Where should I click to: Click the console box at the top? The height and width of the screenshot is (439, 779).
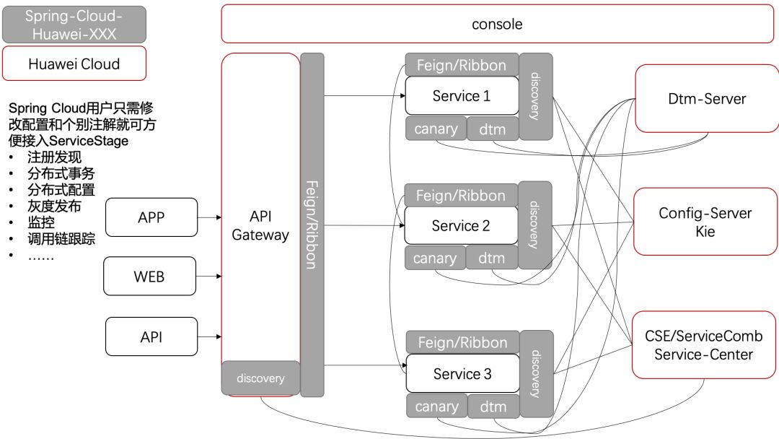click(497, 24)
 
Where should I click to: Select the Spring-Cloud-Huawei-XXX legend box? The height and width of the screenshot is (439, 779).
click(74, 25)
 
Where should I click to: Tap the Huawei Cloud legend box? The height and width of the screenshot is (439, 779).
click(74, 64)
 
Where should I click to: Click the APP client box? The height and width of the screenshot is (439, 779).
click(151, 217)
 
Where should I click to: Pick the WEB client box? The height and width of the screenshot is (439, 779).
click(149, 277)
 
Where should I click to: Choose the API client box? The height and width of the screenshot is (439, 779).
click(151, 336)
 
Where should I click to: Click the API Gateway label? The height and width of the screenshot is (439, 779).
click(260, 226)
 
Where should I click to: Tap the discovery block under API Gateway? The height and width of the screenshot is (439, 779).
click(260, 378)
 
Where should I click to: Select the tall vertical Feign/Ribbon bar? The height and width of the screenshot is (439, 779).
click(312, 225)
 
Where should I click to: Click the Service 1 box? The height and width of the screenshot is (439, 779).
click(462, 96)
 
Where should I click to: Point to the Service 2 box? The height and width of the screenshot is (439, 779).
click(461, 226)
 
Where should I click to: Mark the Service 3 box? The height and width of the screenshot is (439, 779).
click(462, 373)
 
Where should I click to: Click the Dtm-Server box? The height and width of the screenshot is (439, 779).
click(707, 99)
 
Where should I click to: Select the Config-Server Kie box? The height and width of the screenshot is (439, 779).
click(705, 222)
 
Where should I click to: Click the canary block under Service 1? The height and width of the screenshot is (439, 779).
click(436, 129)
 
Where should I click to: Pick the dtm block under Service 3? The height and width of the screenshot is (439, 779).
click(493, 407)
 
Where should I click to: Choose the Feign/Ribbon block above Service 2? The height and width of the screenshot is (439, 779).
click(461, 195)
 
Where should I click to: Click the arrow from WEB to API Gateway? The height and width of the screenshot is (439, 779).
click(208, 277)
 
